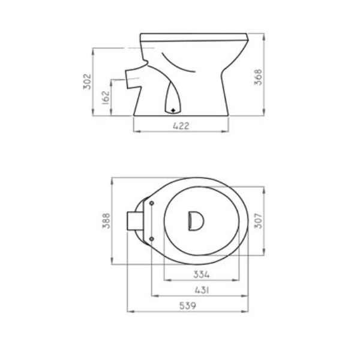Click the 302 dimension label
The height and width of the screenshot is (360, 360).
tap(87, 82)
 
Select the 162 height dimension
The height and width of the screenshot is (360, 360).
tap(106, 98)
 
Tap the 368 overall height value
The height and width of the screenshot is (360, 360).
tap(258, 77)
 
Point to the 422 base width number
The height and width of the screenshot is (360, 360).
tap(181, 126)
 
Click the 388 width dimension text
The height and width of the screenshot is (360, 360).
tap(106, 221)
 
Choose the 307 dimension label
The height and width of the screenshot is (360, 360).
tap(258, 221)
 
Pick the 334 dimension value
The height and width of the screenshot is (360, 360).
tap(202, 274)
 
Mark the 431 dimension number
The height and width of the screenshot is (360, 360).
tap(202, 290)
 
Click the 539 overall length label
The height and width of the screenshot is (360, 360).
tap(188, 306)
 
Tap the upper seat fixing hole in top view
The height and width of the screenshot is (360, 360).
tap(152, 203)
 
